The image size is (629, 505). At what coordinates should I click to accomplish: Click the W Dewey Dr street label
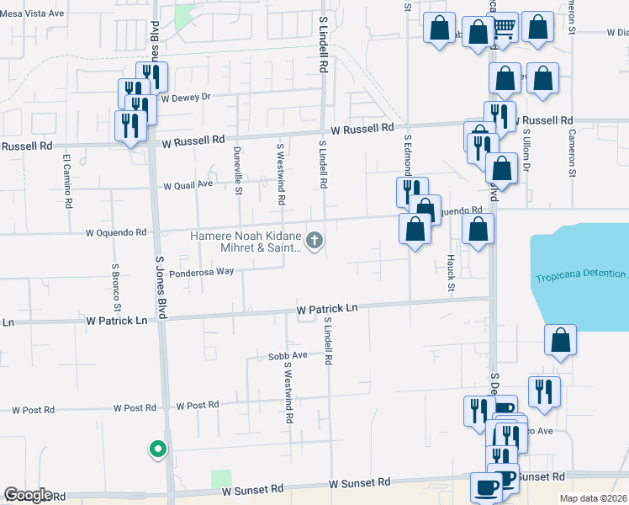[x=186, y=97]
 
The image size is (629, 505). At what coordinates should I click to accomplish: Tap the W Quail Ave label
[x=188, y=186]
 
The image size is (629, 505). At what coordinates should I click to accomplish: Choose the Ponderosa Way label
[x=201, y=273]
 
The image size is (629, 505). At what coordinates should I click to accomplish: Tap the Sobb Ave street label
[x=288, y=356]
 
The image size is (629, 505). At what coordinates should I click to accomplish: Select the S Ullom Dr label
[x=526, y=150]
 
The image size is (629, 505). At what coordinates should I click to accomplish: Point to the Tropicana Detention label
[x=580, y=276]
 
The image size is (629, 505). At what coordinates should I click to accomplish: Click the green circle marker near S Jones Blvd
[x=156, y=449]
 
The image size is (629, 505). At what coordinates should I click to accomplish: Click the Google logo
[x=28, y=495]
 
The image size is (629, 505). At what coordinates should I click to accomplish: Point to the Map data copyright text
[x=594, y=497]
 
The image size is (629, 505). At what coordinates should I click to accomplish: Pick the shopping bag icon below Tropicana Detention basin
[x=560, y=341]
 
